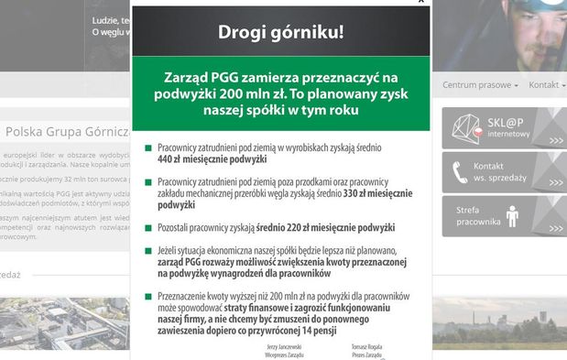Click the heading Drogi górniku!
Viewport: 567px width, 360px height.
tap(280, 33)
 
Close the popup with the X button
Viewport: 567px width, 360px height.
tap(420, 2)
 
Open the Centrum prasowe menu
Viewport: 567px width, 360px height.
tap(480, 85)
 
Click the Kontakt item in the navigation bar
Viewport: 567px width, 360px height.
tap(547, 85)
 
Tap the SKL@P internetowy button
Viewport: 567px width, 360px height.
tap(505, 128)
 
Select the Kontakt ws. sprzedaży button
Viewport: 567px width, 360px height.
tap(505, 171)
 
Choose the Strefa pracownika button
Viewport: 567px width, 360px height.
tap(505, 215)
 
